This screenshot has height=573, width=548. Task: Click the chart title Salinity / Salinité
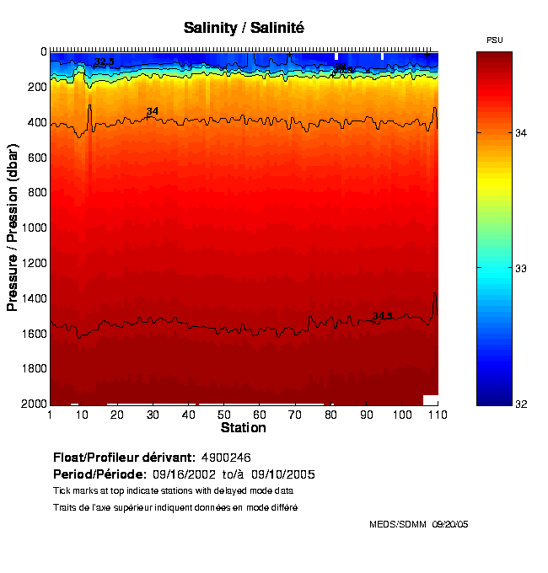pos(244,28)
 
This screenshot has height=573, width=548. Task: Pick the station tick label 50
pos(223,415)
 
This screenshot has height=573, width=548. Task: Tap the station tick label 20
pos(117,415)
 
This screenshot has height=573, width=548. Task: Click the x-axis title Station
pos(243,428)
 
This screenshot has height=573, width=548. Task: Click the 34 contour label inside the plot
pos(153,111)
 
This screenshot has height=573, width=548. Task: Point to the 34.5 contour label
pos(382,316)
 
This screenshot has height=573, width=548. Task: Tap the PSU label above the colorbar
pos(495,40)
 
